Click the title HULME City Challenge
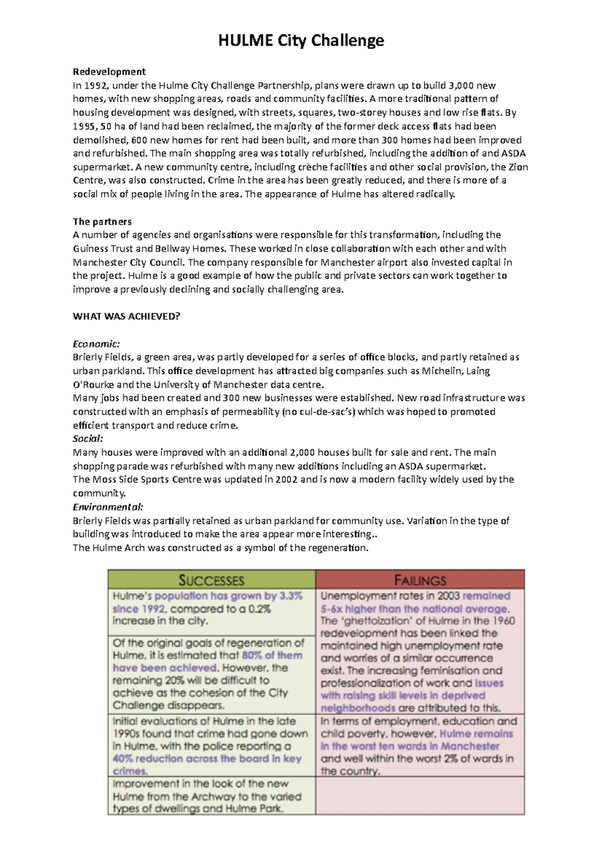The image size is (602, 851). coord(301,40)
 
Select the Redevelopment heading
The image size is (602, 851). coord(109,72)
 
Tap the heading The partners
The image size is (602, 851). coord(102,222)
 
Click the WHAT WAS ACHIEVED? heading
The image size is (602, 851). coord(126,316)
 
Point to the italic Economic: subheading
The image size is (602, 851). coord(96,344)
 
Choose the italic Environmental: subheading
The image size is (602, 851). coord(108,507)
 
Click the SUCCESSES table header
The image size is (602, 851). coord(211,580)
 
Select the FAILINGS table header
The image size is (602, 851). coord(420,580)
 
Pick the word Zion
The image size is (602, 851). coord(518,167)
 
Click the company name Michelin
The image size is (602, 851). coord(442,371)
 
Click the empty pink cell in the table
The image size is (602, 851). coord(420,795)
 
